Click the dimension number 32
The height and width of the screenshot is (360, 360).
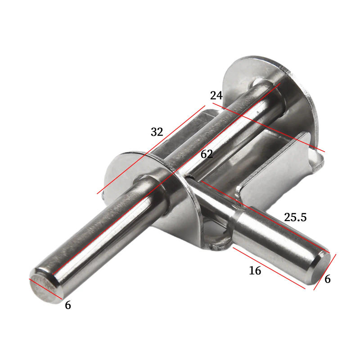[157, 132]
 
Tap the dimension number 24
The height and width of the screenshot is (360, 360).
[216, 96]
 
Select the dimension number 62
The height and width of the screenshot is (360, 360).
[207, 154]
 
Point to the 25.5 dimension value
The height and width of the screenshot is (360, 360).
[295, 217]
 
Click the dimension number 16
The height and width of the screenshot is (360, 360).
[255, 270]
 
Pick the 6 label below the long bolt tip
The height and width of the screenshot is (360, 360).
[68, 305]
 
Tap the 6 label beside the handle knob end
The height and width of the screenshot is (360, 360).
[327, 279]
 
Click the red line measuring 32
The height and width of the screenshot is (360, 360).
[151, 150]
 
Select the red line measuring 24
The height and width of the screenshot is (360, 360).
[270, 128]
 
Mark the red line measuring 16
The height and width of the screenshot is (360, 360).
[269, 268]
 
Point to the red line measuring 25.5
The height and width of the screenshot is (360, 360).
[265, 216]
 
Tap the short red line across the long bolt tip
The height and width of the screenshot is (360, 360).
[45, 288]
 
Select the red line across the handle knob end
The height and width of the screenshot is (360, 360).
[325, 271]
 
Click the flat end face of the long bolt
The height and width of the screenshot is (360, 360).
[43, 285]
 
